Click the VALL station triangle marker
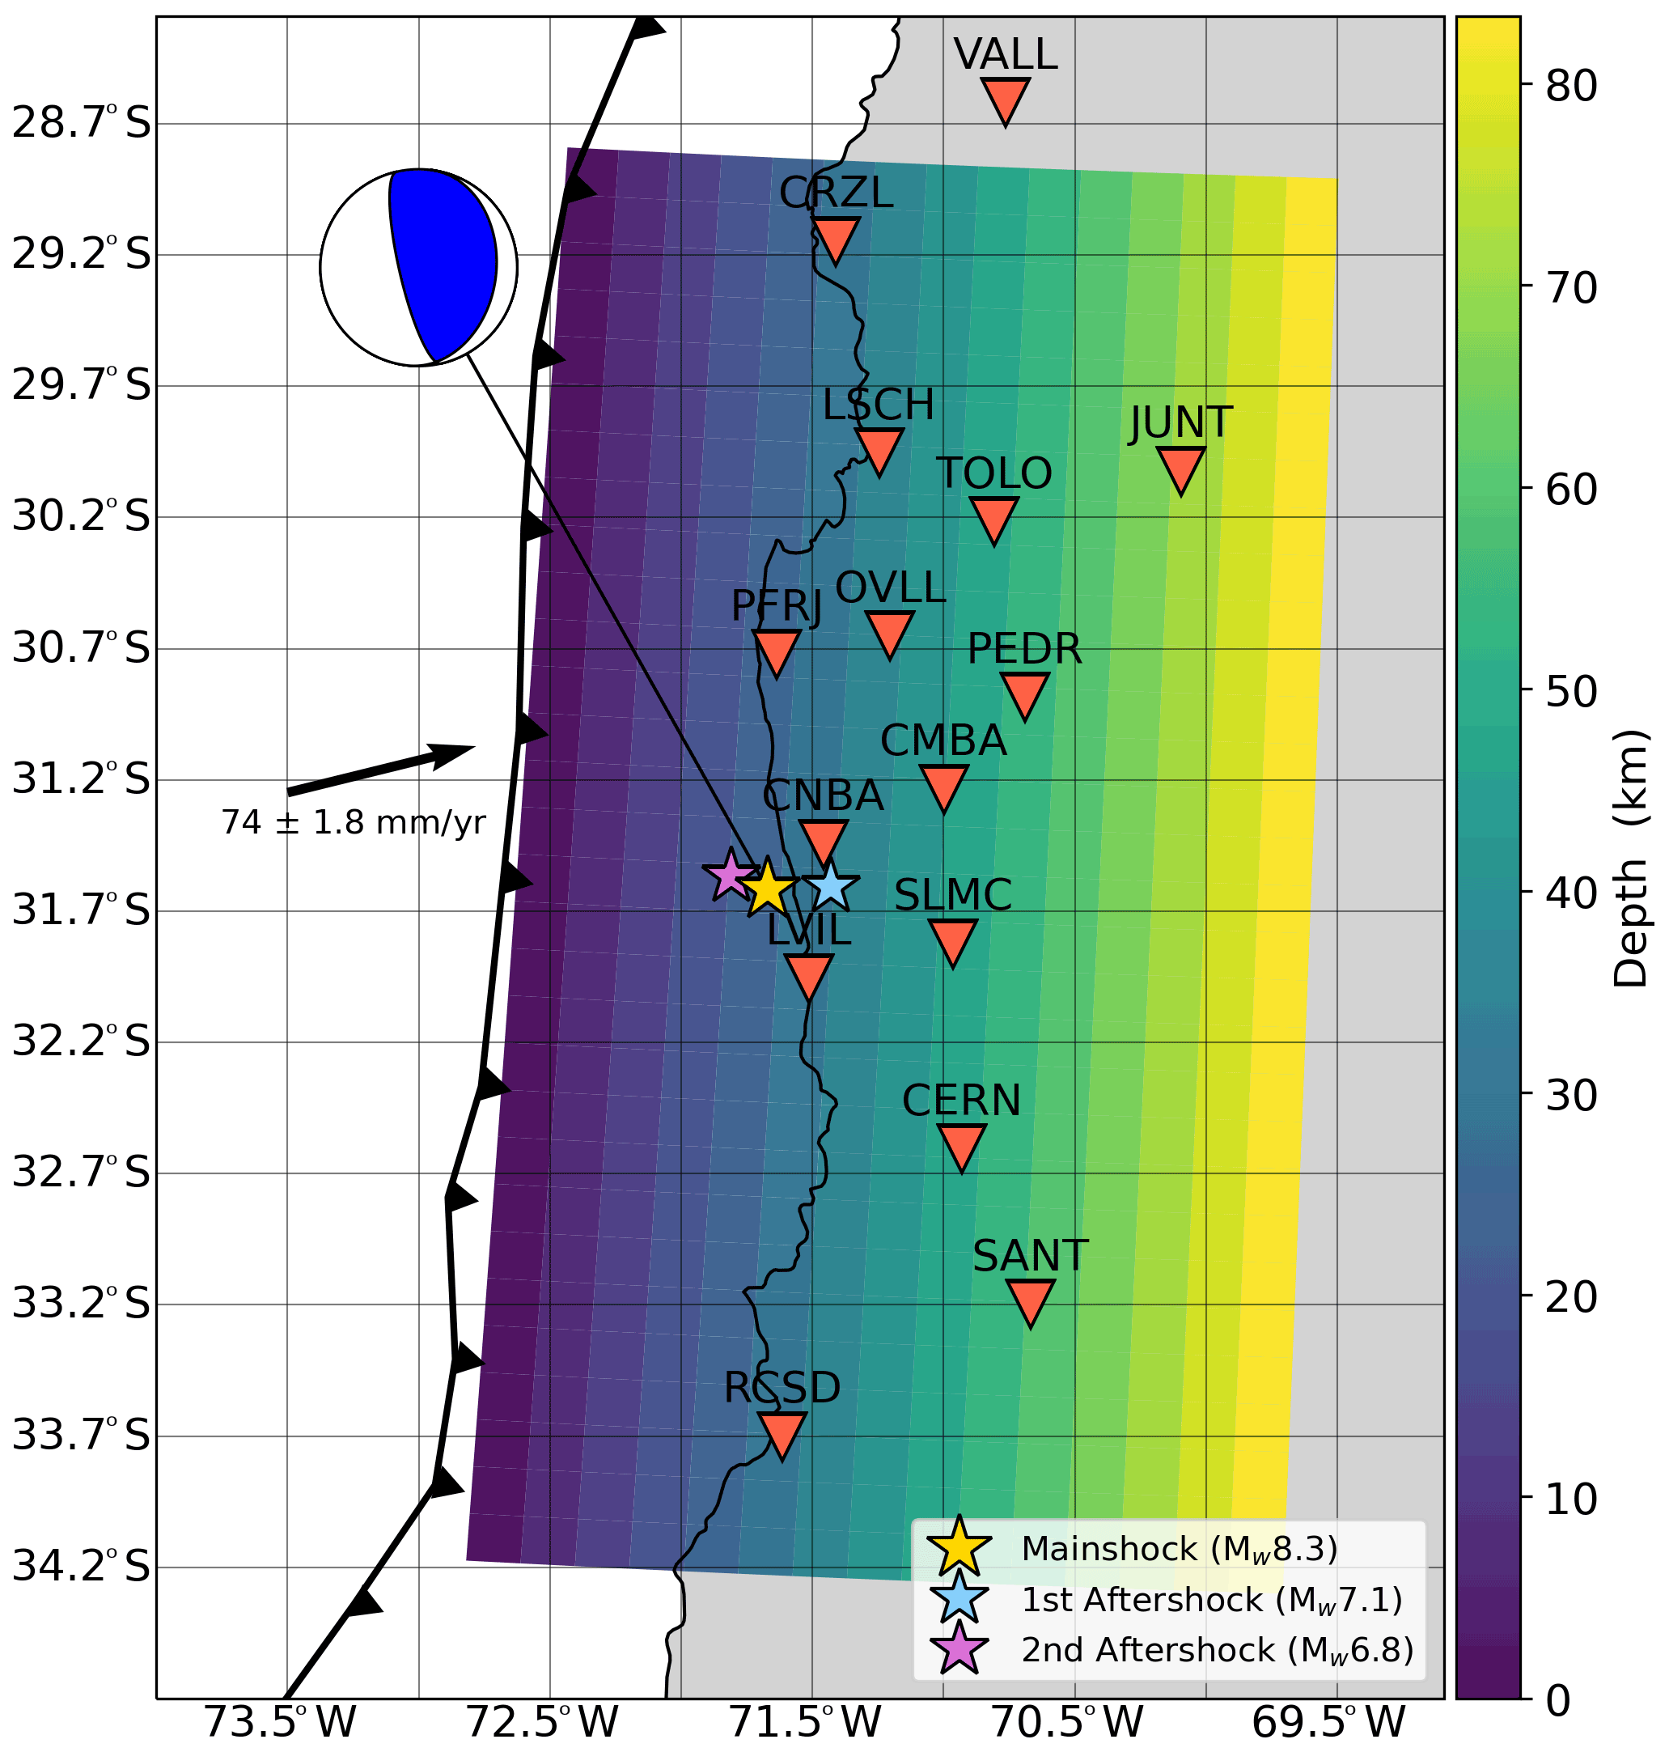[1006, 99]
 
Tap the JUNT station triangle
[1180, 468]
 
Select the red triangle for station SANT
[1030, 1301]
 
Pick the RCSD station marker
[782, 1433]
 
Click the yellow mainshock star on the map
[767, 888]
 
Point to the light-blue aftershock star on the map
[830, 885]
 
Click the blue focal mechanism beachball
[418, 267]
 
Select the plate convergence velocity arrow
[381, 770]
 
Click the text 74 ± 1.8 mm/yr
[354, 823]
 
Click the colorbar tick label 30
[1571, 1096]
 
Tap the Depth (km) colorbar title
[1630, 858]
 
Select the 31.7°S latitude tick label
[81, 911]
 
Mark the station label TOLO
[993, 473]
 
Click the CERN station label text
[961, 1101]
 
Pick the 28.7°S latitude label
[81, 124]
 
